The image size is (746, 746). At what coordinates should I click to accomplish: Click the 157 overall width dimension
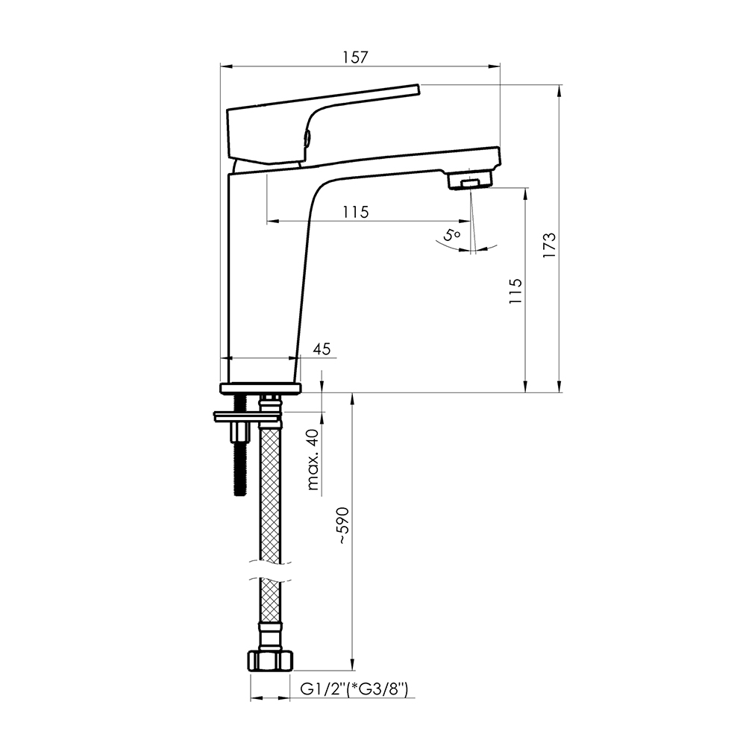[355, 57]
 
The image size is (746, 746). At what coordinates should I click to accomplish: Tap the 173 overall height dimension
[550, 245]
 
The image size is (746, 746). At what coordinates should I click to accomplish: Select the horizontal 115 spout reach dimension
[356, 212]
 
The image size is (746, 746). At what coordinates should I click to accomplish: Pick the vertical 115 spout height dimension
[515, 291]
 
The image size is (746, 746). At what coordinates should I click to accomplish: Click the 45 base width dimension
[322, 348]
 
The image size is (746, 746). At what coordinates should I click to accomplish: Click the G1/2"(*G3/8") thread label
[354, 689]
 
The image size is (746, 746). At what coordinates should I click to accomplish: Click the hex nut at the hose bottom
[270, 661]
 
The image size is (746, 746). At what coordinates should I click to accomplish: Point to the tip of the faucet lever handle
[419, 90]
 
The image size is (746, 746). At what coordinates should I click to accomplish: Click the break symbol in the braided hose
[270, 571]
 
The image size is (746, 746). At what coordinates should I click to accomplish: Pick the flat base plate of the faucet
[260, 388]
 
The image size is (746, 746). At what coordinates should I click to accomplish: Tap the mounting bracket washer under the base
[248, 417]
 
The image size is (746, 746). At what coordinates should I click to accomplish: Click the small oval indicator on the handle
[307, 140]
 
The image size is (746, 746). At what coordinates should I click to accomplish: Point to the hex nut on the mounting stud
[240, 432]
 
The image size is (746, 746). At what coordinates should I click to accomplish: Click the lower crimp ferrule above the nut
[270, 636]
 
